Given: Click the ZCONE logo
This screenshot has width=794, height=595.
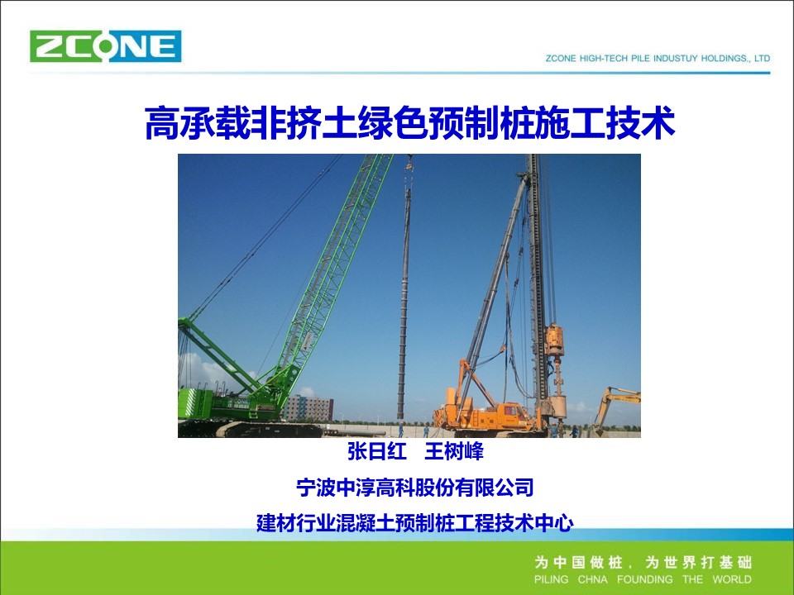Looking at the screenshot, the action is [x=105, y=46].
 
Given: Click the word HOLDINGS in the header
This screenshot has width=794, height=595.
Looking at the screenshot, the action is [x=723, y=58].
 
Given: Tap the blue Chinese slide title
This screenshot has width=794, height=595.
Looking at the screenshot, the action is [x=409, y=122].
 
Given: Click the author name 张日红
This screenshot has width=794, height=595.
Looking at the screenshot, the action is [x=377, y=451].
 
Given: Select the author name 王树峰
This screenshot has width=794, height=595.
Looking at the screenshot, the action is [x=454, y=451].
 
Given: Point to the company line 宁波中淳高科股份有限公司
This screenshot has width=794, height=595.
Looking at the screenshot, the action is [x=415, y=488].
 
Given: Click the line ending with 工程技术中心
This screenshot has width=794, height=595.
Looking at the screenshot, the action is [x=415, y=522].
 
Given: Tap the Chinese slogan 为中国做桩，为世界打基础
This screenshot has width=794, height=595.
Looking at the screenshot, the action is [x=643, y=562].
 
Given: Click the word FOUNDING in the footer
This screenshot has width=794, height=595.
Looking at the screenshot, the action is [x=644, y=579].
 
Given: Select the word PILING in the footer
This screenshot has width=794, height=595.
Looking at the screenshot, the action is [x=551, y=579].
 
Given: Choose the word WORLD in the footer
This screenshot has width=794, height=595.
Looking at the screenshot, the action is [x=732, y=579].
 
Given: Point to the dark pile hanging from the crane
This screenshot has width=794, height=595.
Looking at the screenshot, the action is [x=404, y=303].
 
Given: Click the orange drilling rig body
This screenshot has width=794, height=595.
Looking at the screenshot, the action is [x=486, y=412].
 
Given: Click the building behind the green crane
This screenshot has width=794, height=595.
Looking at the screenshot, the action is [x=308, y=408].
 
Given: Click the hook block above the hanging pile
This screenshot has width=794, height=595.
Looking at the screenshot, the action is [x=409, y=164].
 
